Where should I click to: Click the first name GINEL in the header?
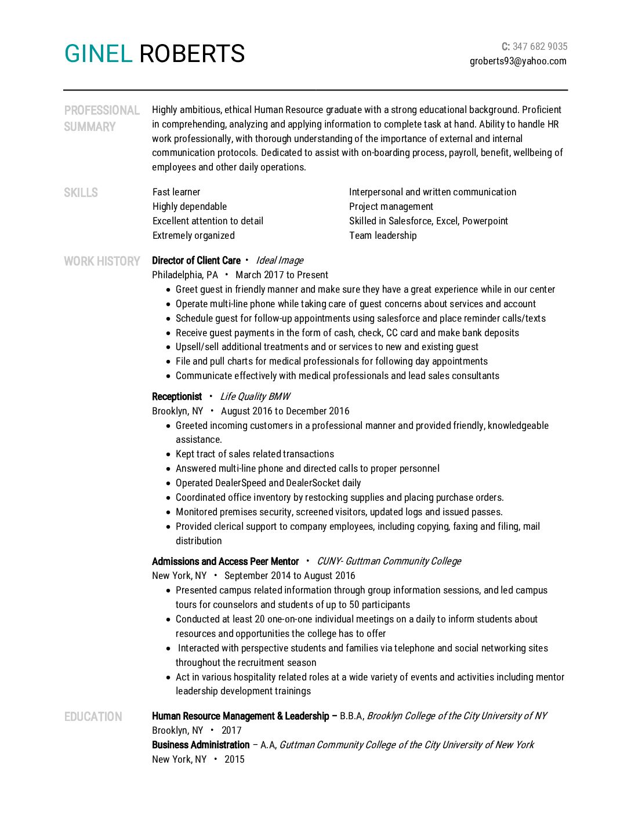tap(98, 54)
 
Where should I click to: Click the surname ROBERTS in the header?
tap(192, 54)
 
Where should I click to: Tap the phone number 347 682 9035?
tap(540, 46)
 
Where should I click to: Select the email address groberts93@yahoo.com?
tap(518, 61)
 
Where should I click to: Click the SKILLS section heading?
tap(81, 192)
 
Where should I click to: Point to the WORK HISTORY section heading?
tap(102, 261)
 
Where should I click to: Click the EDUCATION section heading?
tap(93, 716)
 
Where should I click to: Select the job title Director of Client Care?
tap(196, 260)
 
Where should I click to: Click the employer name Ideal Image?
tap(280, 260)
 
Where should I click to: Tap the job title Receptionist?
tap(177, 396)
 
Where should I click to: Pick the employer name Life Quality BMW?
tap(255, 396)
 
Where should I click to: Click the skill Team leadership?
tap(383, 235)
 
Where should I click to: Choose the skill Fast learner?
tap(176, 192)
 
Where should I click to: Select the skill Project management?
tap(391, 206)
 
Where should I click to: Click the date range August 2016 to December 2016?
tap(285, 411)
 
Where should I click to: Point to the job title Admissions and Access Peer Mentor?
tap(225, 561)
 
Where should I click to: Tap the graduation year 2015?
tap(234, 759)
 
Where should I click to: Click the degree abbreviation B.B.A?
tap(351, 716)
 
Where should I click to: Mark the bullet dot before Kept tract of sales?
tap(169, 454)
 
